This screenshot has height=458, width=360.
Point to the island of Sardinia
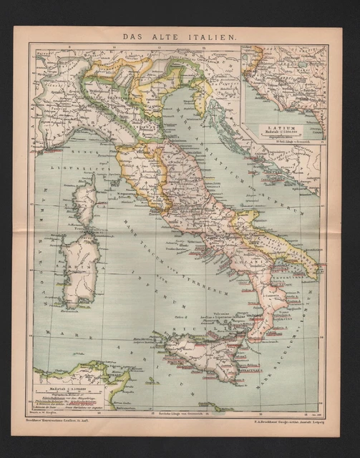[x=80, y=261]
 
